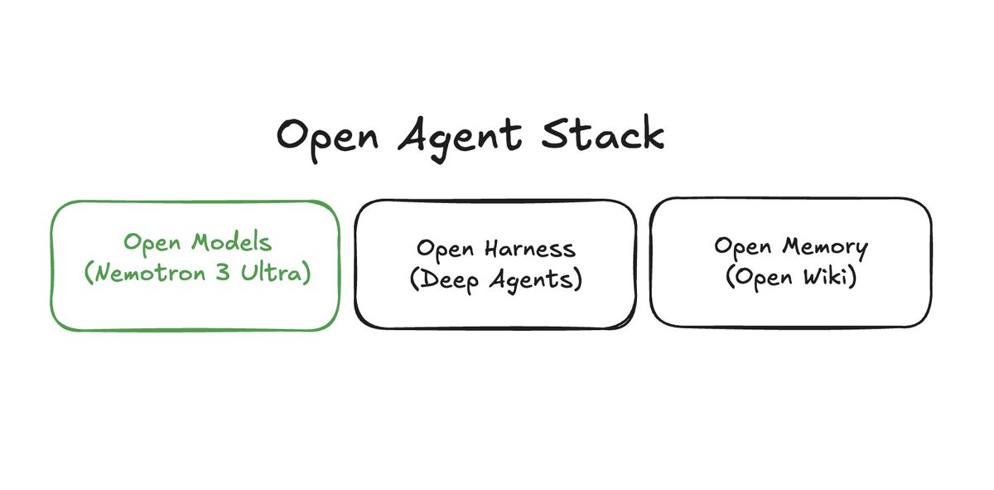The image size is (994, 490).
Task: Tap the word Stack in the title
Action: pos(603,133)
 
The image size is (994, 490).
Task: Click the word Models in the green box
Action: pos(231,242)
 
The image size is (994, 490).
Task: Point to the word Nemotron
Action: pos(151,272)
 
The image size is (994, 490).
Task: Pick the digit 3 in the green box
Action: pos(223,271)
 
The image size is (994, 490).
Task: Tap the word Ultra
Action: pos(271,271)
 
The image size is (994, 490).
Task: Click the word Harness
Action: pos(530,249)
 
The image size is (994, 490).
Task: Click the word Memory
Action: pos(825,247)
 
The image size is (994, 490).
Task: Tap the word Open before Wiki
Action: pos(763,279)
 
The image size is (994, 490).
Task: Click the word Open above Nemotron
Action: pos(152,244)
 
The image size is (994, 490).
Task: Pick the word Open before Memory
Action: pos(742,247)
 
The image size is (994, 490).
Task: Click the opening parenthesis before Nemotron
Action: pos(89,272)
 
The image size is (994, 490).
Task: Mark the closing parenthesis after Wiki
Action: pos(852,276)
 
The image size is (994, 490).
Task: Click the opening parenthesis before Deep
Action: pos(415,280)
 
